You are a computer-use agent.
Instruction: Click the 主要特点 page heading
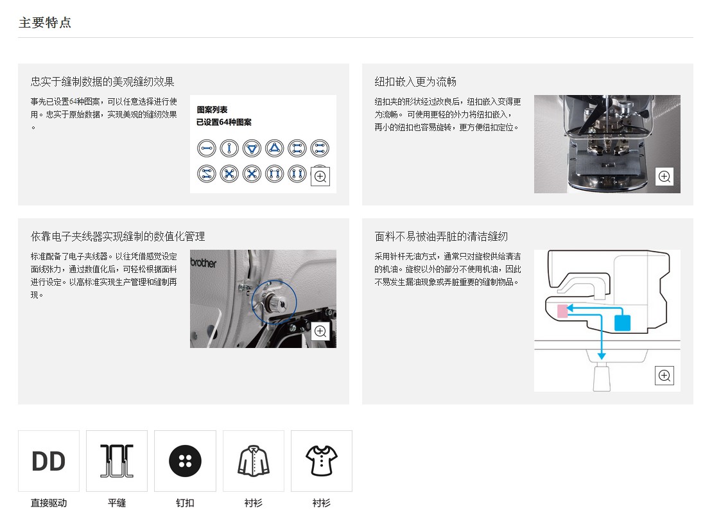[x=45, y=22]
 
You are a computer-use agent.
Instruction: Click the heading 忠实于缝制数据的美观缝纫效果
[x=103, y=82]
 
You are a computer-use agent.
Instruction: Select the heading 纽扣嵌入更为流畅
[x=415, y=82]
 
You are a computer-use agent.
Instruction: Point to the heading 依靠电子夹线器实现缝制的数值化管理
[x=118, y=236]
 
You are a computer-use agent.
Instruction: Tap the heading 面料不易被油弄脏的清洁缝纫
[x=441, y=236]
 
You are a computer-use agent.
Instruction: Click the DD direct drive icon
[x=49, y=461]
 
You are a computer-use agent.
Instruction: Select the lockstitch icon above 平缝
[x=117, y=461]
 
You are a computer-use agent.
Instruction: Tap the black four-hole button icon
[x=186, y=461]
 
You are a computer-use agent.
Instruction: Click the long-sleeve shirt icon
[x=254, y=461]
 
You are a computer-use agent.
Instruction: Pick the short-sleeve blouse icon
[x=322, y=461]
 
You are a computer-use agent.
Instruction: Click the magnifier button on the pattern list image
[x=320, y=177]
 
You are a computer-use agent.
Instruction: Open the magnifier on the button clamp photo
[x=664, y=177]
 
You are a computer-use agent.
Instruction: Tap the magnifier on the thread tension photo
[x=320, y=331]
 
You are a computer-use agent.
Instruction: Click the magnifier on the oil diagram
[x=664, y=375]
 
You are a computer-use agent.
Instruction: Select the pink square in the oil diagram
[x=562, y=311]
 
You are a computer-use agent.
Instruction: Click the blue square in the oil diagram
[x=622, y=322]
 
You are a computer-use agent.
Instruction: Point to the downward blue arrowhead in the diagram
[x=601, y=356]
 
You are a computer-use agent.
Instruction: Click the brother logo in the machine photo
[x=204, y=263]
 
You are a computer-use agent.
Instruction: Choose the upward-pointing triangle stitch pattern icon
[x=274, y=148]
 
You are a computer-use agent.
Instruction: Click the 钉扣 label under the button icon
[x=186, y=503]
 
